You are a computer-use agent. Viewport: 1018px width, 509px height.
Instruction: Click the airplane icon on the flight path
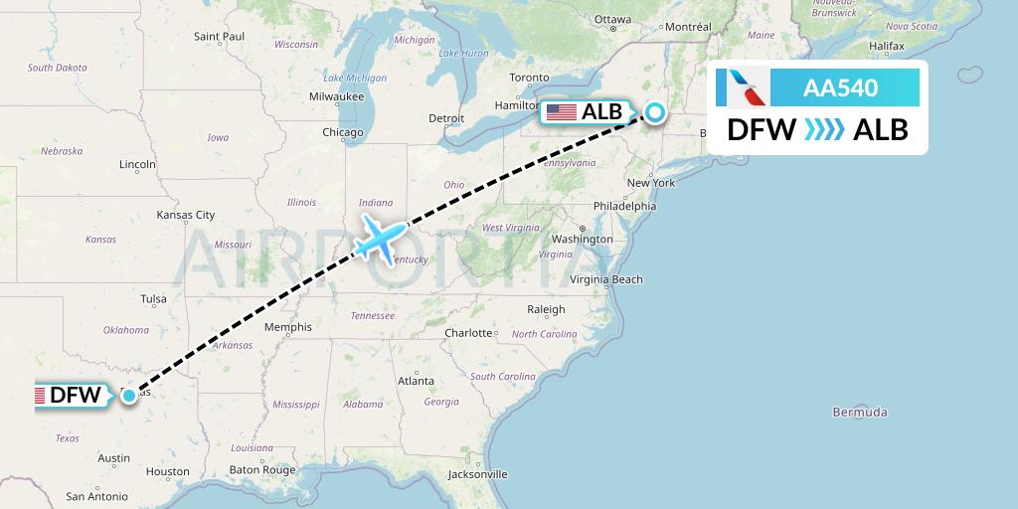[x=381, y=238]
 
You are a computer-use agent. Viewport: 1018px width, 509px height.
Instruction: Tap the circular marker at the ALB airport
[x=656, y=112]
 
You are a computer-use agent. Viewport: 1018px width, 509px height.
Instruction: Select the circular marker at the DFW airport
[x=130, y=396]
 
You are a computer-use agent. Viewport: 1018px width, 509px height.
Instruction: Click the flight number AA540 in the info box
[x=840, y=87]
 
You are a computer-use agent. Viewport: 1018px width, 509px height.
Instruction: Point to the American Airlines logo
[x=744, y=87]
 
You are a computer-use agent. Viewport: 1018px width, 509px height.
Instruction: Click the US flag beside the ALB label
[x=562, y=112]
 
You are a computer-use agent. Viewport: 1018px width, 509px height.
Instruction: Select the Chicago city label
[x=342, y=132]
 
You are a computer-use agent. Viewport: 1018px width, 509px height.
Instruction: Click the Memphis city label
[x=288, y=327]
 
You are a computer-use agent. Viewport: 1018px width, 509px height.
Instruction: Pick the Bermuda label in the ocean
[x=860, y=412]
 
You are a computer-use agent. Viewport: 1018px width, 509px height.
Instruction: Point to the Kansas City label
[x=186, y=215]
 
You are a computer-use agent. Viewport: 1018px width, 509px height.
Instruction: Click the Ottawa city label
[x=613, y=20]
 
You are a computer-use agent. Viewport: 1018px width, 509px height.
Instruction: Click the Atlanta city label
[x=415, y=381]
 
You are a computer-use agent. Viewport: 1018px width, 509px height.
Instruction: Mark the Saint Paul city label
[x=220, y=37]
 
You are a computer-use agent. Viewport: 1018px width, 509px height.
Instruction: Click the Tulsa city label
[x=153, y=298]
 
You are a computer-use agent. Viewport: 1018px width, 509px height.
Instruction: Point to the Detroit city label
[x=446, y=117]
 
